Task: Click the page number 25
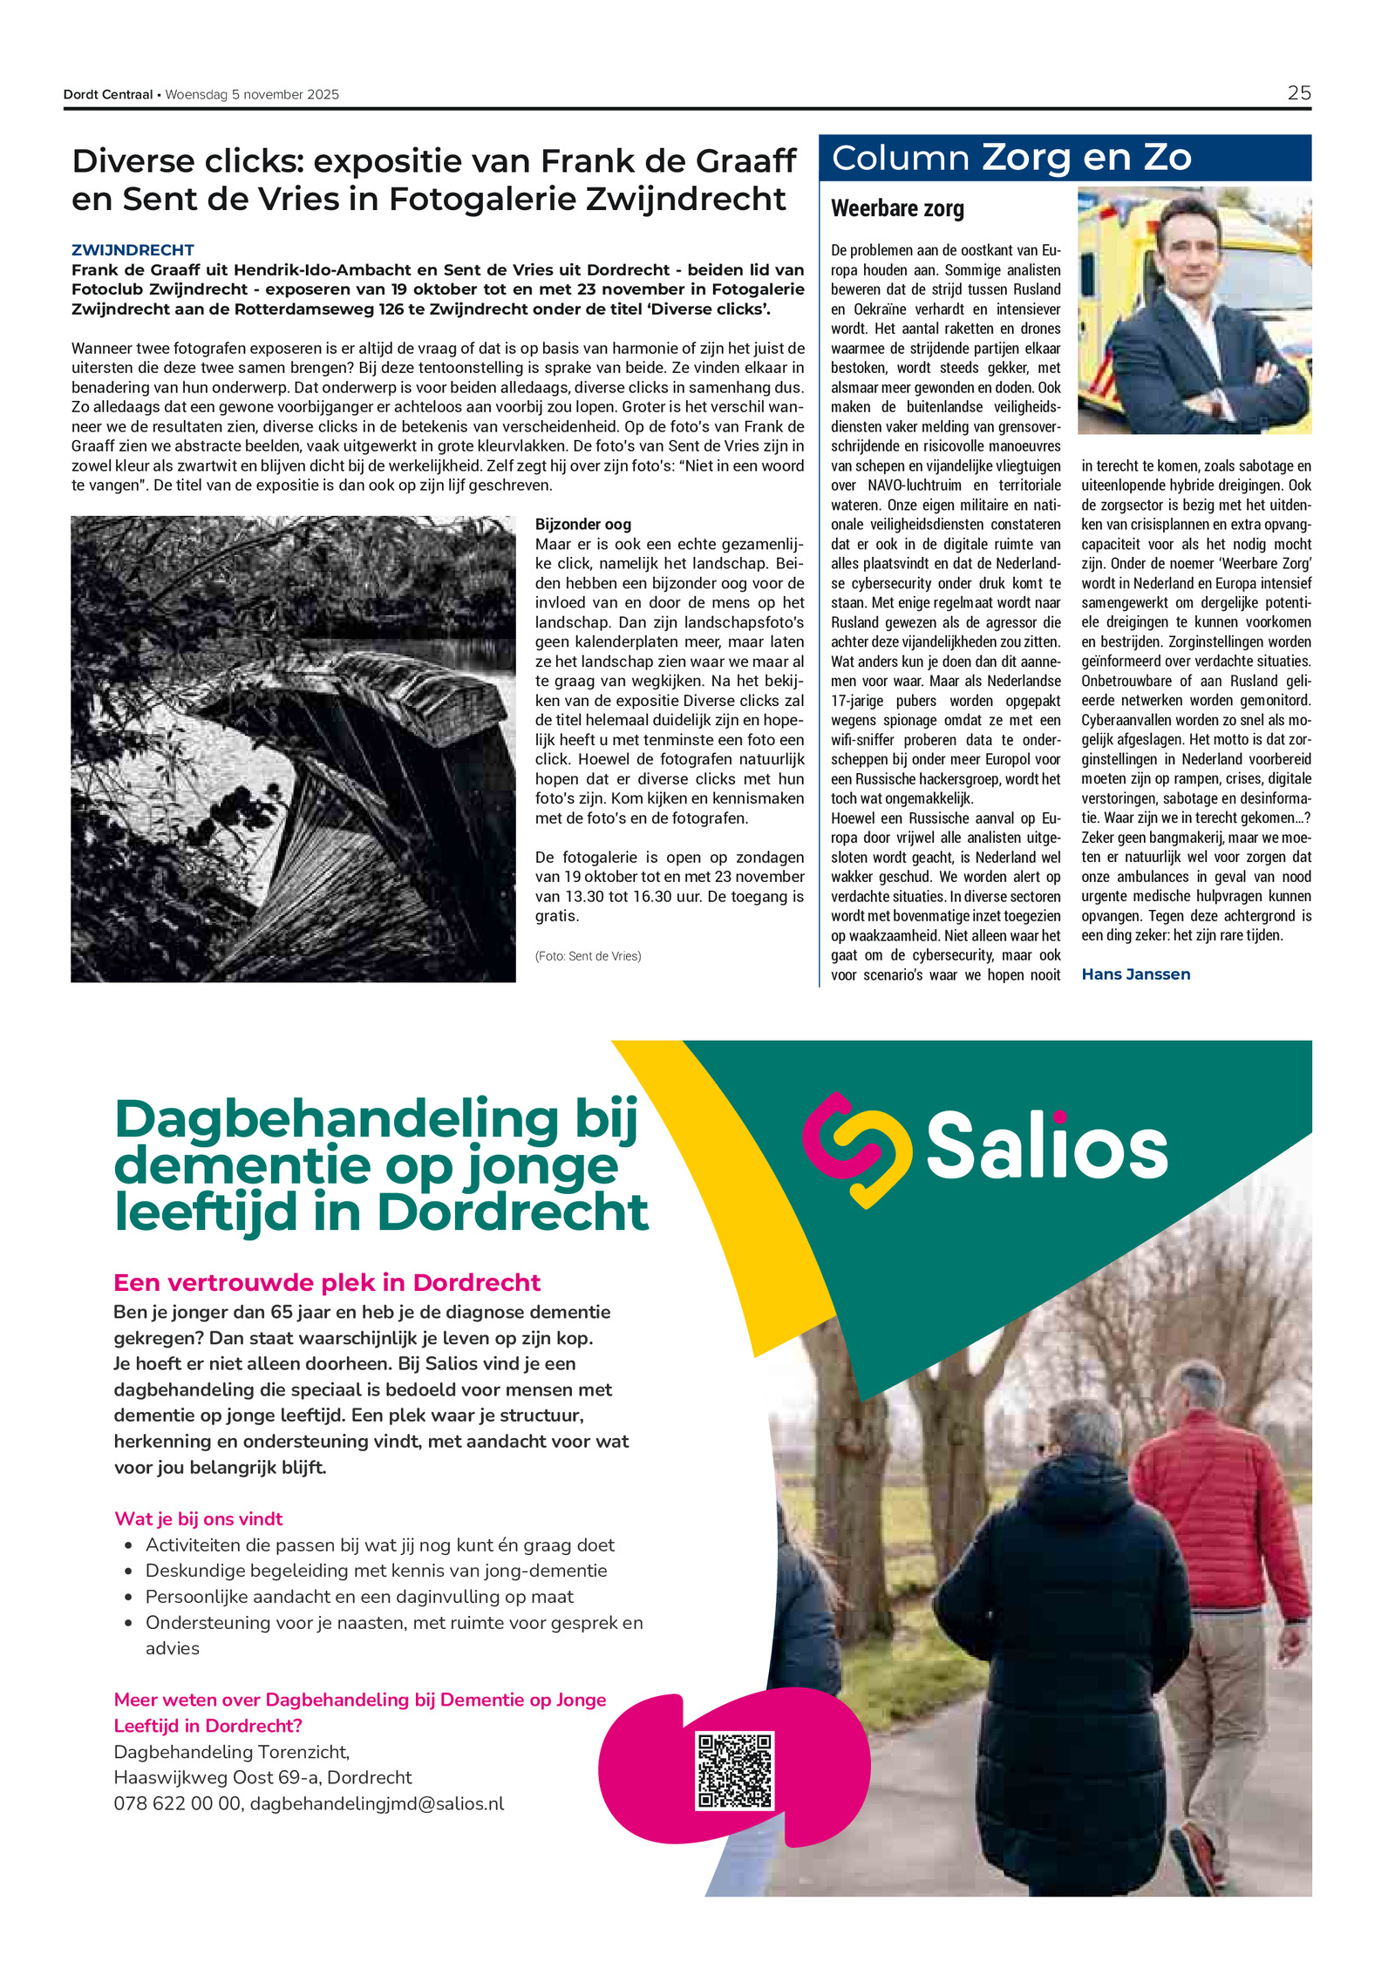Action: tap(1298, 93)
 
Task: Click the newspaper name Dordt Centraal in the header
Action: tap(107, 95)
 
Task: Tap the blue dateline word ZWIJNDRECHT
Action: tap(133, 250)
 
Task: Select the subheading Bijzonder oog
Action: tap(582, 524)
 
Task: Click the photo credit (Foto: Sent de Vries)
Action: tap(588, 956)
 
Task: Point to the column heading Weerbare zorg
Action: tap(897, 209)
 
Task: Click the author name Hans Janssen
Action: tap(1135, 974)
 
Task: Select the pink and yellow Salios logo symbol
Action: tap(856, 1149)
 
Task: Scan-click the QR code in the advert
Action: tap(734, 1770)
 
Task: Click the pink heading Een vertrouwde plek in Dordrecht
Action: tap(327, 1283)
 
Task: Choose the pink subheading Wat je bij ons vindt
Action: tap(199, 1518)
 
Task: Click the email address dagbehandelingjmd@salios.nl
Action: tap(377, 1803)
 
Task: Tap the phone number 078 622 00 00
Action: tap(177, 1803)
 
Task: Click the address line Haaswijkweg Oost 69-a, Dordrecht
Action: tap(262, 1777)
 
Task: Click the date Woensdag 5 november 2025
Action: tap(252, 95)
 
